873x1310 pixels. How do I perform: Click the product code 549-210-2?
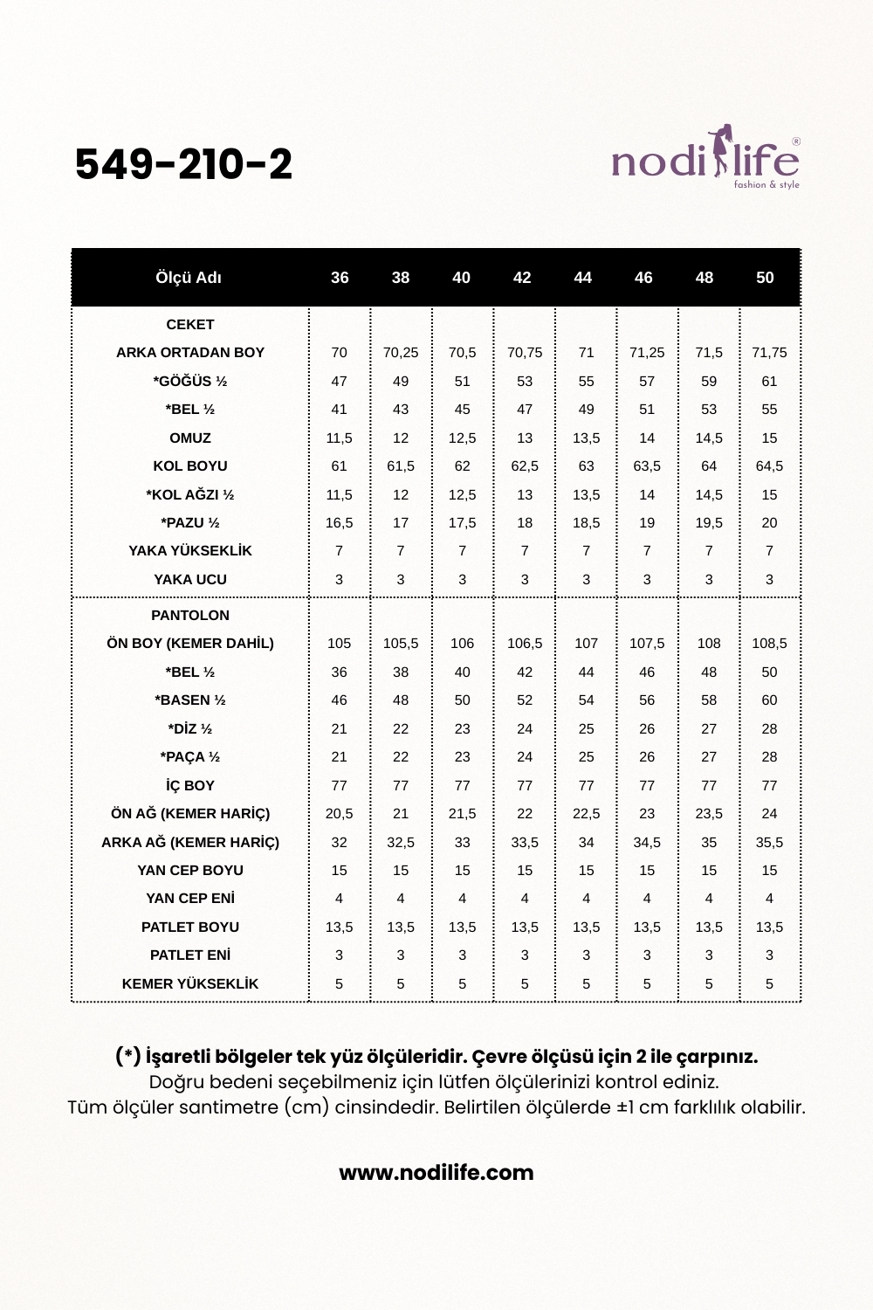point(183,164)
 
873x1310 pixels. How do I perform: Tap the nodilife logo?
point(705,158)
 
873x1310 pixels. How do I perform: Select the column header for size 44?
point(582,278)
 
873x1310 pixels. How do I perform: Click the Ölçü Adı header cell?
point(189,278)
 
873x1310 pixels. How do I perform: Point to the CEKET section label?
point(190,324)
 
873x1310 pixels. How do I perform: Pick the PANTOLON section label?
point(190,615)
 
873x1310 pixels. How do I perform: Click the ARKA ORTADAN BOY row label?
point(190,352)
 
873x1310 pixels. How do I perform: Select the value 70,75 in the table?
point(525,352)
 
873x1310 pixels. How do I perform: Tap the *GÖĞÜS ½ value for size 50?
point(769,381)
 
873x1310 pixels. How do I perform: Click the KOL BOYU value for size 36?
point(339,465)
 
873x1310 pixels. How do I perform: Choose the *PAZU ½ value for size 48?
point(709,522)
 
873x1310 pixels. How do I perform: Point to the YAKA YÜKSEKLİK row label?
point(190,550)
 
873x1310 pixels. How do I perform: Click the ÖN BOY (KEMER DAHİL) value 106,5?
point(525,643)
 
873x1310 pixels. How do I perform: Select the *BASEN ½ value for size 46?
point(647,700)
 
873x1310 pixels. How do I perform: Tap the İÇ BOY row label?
point(190,785)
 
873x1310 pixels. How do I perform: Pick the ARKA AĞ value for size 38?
point(401,842)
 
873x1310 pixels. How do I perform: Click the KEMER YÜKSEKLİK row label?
point(190,983)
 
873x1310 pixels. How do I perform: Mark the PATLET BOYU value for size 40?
point(463,927)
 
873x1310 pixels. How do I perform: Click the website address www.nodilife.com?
point(436,1172)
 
